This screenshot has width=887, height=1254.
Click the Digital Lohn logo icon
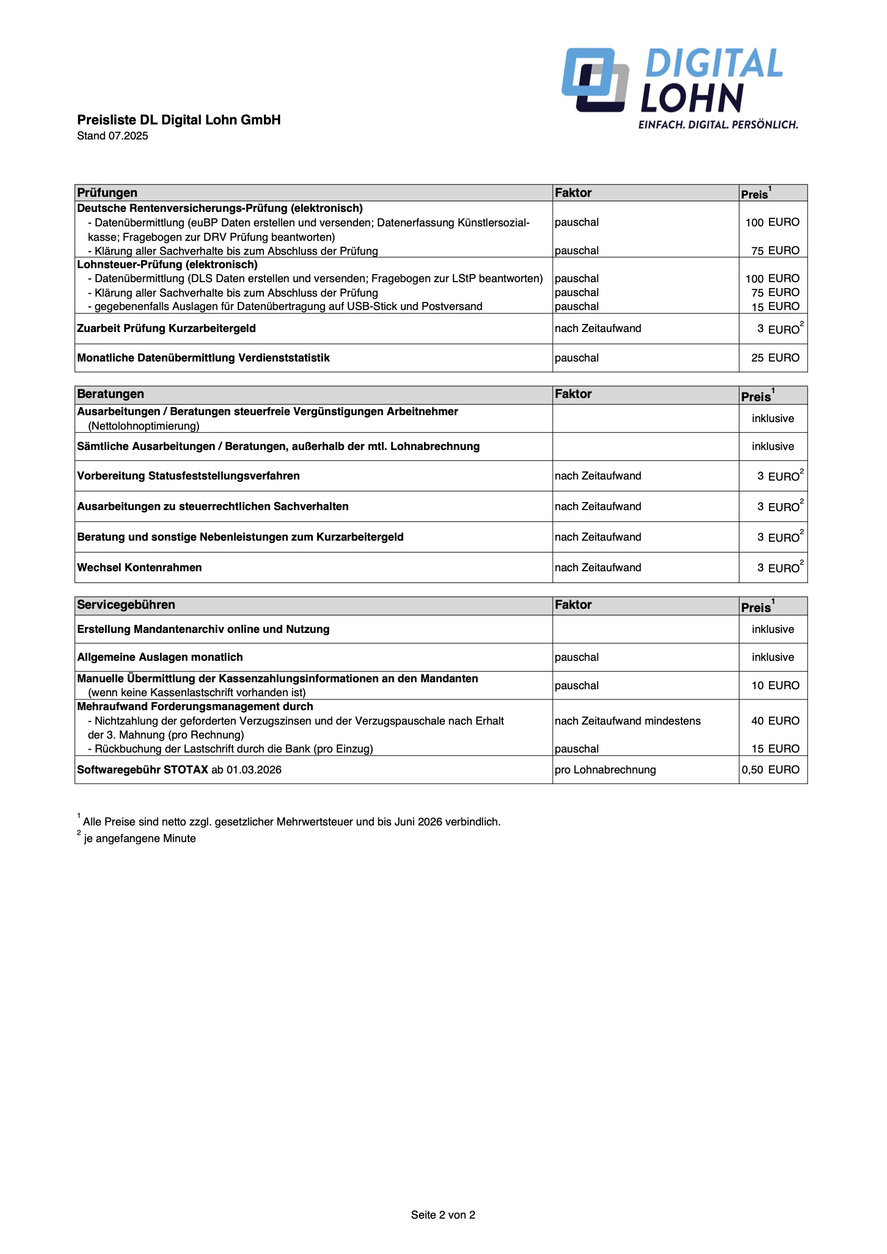(595, 80)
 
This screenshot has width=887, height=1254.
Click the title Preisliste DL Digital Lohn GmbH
(179, 120)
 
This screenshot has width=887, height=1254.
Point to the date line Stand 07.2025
(113, 136)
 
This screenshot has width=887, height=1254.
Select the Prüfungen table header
(107, 193)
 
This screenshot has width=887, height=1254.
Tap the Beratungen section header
(111, 394)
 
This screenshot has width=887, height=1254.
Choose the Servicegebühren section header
(126, 605)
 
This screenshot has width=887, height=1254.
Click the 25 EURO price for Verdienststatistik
(775, 358)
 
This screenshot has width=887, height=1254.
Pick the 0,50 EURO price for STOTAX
(771, 770)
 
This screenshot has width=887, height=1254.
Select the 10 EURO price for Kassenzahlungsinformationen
(775, 685)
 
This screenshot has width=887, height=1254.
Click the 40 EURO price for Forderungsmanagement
(775, 721)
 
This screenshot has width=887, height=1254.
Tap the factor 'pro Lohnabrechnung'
(605, 770)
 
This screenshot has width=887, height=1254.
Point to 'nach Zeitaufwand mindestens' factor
(627, 721)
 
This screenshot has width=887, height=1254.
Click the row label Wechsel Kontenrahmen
(140, 567)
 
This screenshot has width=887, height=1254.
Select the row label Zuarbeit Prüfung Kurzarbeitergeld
(166, 328)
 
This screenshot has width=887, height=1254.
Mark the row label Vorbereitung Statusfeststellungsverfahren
(188, 476)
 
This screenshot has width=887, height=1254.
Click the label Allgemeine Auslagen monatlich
(159, 657)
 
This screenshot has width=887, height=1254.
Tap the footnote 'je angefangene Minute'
(140, 838)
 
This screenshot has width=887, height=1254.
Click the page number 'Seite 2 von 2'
(443, 1215)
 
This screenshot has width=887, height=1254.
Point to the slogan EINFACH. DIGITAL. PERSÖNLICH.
(718, 125)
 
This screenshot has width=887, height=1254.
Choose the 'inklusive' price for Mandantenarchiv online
(773, 629)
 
